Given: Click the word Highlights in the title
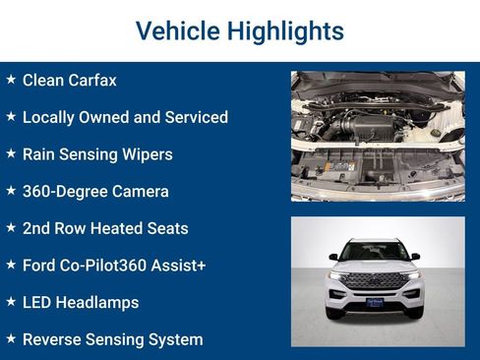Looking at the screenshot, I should pyautogui.click(x=285, y=31).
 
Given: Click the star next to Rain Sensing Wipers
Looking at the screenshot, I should pyautogui.click(x=11, y=153).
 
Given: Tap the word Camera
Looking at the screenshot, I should pyautogui.click(x=140, y=191).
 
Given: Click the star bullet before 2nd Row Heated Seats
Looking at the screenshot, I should pyautogui.click(x=11, y=227).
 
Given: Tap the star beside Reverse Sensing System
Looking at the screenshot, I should pyautogui.click(x=11, y=338).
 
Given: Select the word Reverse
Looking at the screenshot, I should pyautogui.click(x=54, y=339).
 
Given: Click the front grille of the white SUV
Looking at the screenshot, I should pyautogui.click(x=374, y=281).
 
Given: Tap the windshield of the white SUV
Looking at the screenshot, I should pyautogui.click(x=375, y=252).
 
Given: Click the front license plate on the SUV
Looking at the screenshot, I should pyautogui.click(x=375, y=303).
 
